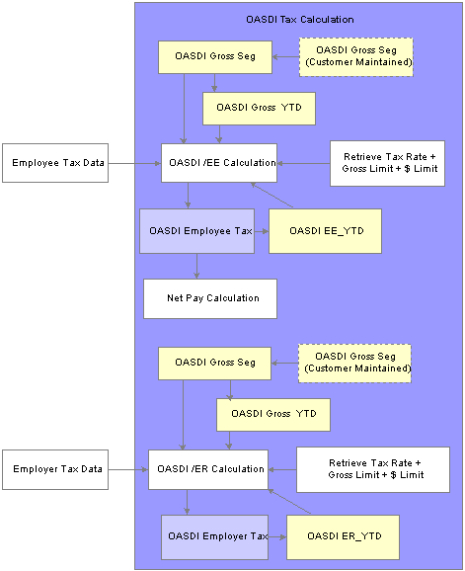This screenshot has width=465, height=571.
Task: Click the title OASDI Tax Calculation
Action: [300, 20]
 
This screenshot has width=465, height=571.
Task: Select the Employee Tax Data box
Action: [55, 163]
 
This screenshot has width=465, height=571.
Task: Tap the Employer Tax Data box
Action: [55, 469]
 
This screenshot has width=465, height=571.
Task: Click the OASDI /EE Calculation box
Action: [219, 163]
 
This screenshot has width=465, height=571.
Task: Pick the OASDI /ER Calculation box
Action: [208, 469]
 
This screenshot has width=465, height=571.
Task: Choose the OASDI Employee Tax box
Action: [196, 231]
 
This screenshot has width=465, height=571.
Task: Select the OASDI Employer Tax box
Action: [214, 537]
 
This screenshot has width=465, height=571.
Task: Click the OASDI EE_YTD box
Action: [325, 231]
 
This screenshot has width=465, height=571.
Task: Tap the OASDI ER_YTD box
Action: [343, 537]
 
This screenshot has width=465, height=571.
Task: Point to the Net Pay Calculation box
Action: [210, 298]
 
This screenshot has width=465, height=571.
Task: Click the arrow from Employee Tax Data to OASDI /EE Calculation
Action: [134, 164]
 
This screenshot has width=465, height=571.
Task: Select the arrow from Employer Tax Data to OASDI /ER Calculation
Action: [128, 470]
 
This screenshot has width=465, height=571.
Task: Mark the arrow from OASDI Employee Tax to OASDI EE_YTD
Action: [262, 231]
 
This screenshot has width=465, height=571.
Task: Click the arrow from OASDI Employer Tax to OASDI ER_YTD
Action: [277, 537]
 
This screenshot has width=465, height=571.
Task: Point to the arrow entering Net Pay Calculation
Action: [196, 266]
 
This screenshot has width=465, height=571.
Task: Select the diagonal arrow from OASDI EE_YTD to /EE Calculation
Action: [271, 196]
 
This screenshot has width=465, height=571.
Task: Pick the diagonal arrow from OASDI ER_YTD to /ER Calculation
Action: [289, 502]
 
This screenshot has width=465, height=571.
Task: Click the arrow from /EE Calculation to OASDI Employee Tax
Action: [188, 196]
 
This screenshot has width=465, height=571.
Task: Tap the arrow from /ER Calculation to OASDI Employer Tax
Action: [187, 502]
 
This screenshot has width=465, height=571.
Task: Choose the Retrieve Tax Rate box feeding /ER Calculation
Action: [373, 470]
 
